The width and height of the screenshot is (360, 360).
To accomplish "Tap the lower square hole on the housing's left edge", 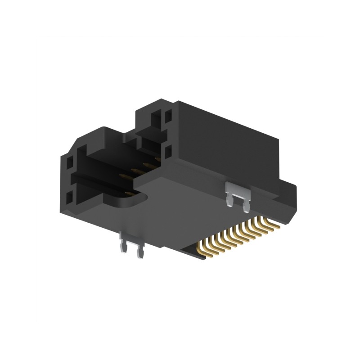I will click(x=69, y=197).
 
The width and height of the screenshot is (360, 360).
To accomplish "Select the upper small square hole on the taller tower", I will click(x=168, y=117).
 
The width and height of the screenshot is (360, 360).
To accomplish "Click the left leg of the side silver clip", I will click(x=230, y=200).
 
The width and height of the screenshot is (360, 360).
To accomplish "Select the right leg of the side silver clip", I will click(x=245, y=207).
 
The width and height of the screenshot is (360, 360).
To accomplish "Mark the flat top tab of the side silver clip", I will click(x=236, y=188).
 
